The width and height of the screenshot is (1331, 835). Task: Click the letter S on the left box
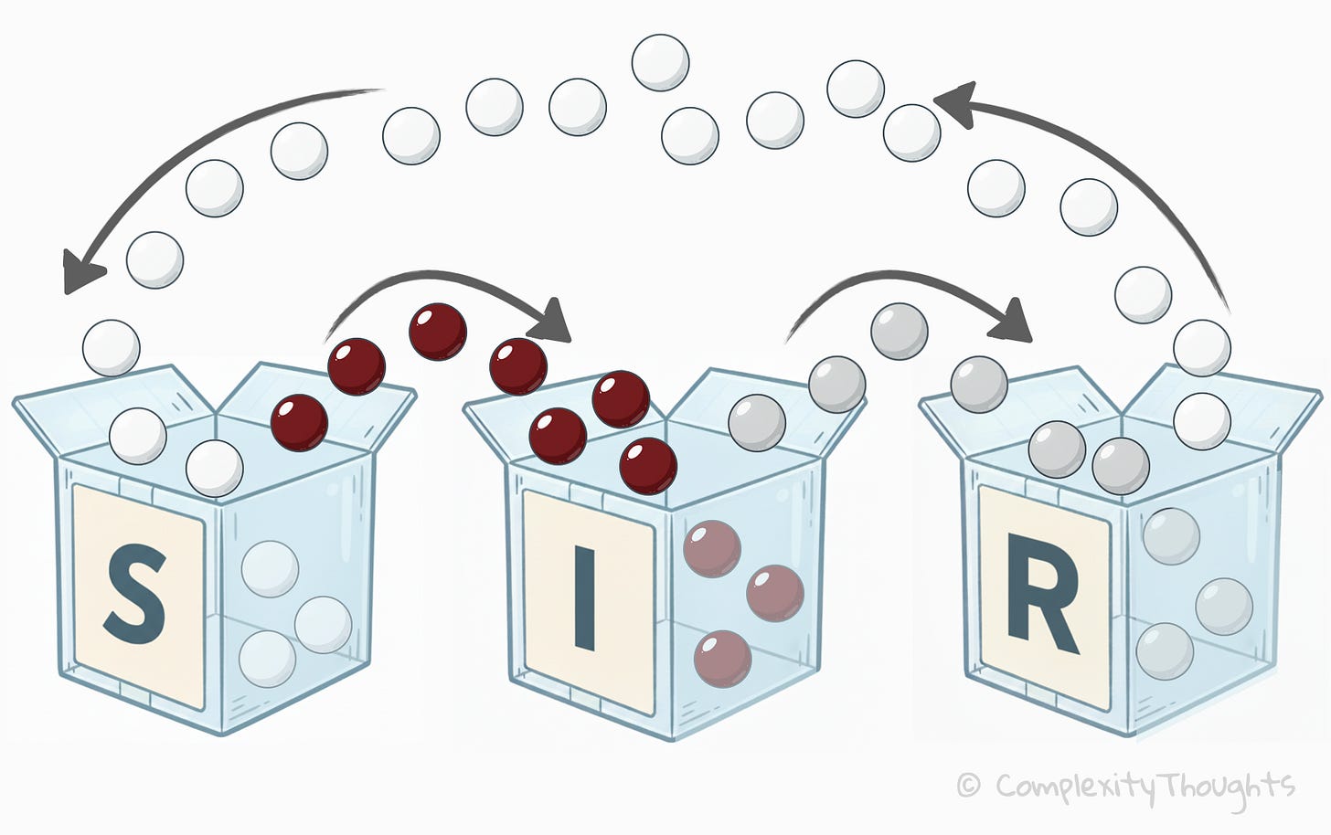[x=135, y=594]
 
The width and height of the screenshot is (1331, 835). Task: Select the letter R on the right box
[x=1042, y=605]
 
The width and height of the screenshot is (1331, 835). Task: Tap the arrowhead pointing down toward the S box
[x=80, y=272]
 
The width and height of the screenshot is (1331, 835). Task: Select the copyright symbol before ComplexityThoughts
[x=969, y=785]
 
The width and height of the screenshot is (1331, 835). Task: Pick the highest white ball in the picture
[x=660, y=62]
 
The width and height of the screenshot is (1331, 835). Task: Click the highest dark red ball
[x=438, y=332]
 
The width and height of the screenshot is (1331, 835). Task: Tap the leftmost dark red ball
[x=299, y=422]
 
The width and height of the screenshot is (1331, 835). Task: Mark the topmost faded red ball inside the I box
[x=712, y=549]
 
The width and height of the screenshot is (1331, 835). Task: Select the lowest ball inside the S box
[x=267, y=659]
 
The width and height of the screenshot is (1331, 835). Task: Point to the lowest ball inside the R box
[x=1165, y=650]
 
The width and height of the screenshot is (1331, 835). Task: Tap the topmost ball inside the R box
[x=1171, y=536]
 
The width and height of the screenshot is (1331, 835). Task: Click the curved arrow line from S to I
[x=430, y=275]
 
